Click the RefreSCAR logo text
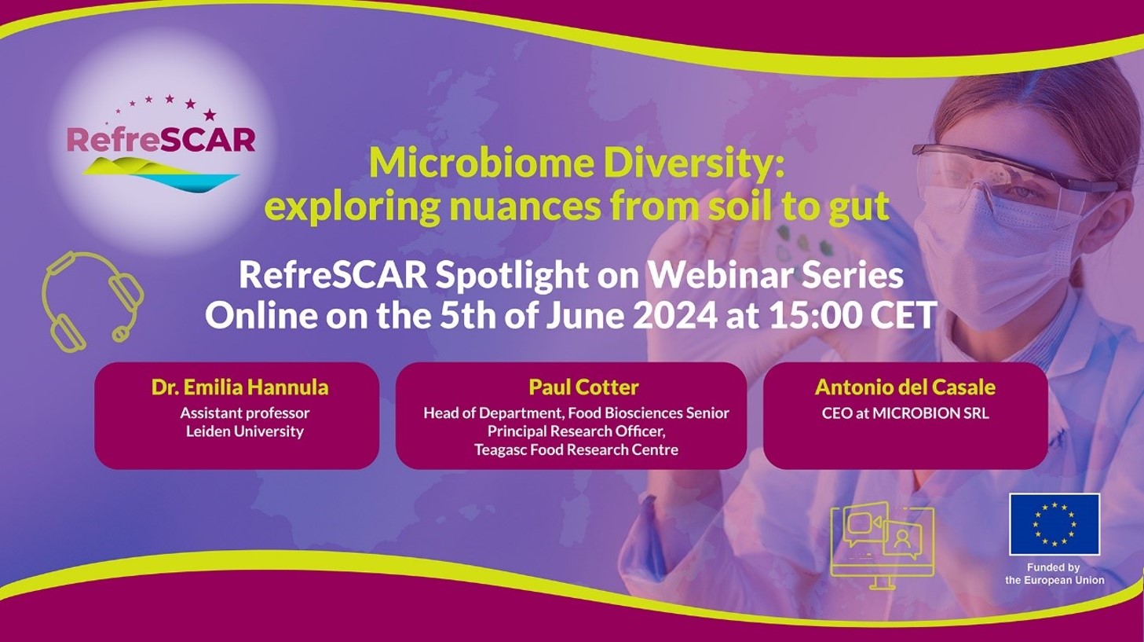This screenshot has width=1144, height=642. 161,140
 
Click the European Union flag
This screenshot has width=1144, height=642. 1054,524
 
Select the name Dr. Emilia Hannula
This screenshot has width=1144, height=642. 239,387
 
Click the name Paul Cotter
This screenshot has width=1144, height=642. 583,387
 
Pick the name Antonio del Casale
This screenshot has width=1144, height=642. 905,387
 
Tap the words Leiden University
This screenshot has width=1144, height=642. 244,431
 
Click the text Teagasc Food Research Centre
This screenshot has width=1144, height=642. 576,449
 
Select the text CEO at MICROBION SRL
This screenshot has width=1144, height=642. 905,413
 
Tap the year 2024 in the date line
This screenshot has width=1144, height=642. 674,315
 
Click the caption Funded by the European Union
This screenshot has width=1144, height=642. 1054,574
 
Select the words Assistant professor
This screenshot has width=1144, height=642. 244,413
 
